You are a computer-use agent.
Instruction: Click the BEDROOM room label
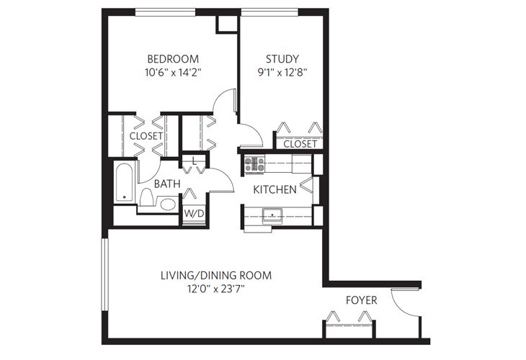click(173, 58)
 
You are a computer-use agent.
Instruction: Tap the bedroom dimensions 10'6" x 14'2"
click(173, 72)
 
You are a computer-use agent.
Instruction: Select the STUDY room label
click(282, 58)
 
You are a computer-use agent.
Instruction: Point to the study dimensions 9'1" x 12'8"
click(282, 72)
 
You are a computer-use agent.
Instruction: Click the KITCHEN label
click(275, 190)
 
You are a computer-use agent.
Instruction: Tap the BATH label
click(166, 184)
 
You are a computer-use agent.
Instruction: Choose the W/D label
click(193, 214)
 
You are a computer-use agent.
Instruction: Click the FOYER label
click(361, 299)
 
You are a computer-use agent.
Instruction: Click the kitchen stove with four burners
click(254, 164)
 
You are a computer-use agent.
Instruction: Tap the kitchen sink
click(273, 215)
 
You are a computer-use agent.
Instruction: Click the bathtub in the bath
click(123, 184)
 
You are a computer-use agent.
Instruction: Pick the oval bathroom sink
click(167, 204)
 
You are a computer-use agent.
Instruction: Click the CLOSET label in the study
click(300, 144)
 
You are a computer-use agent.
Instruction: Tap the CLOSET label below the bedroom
click(146, 135)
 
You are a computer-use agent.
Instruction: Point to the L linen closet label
click(194, 160)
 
